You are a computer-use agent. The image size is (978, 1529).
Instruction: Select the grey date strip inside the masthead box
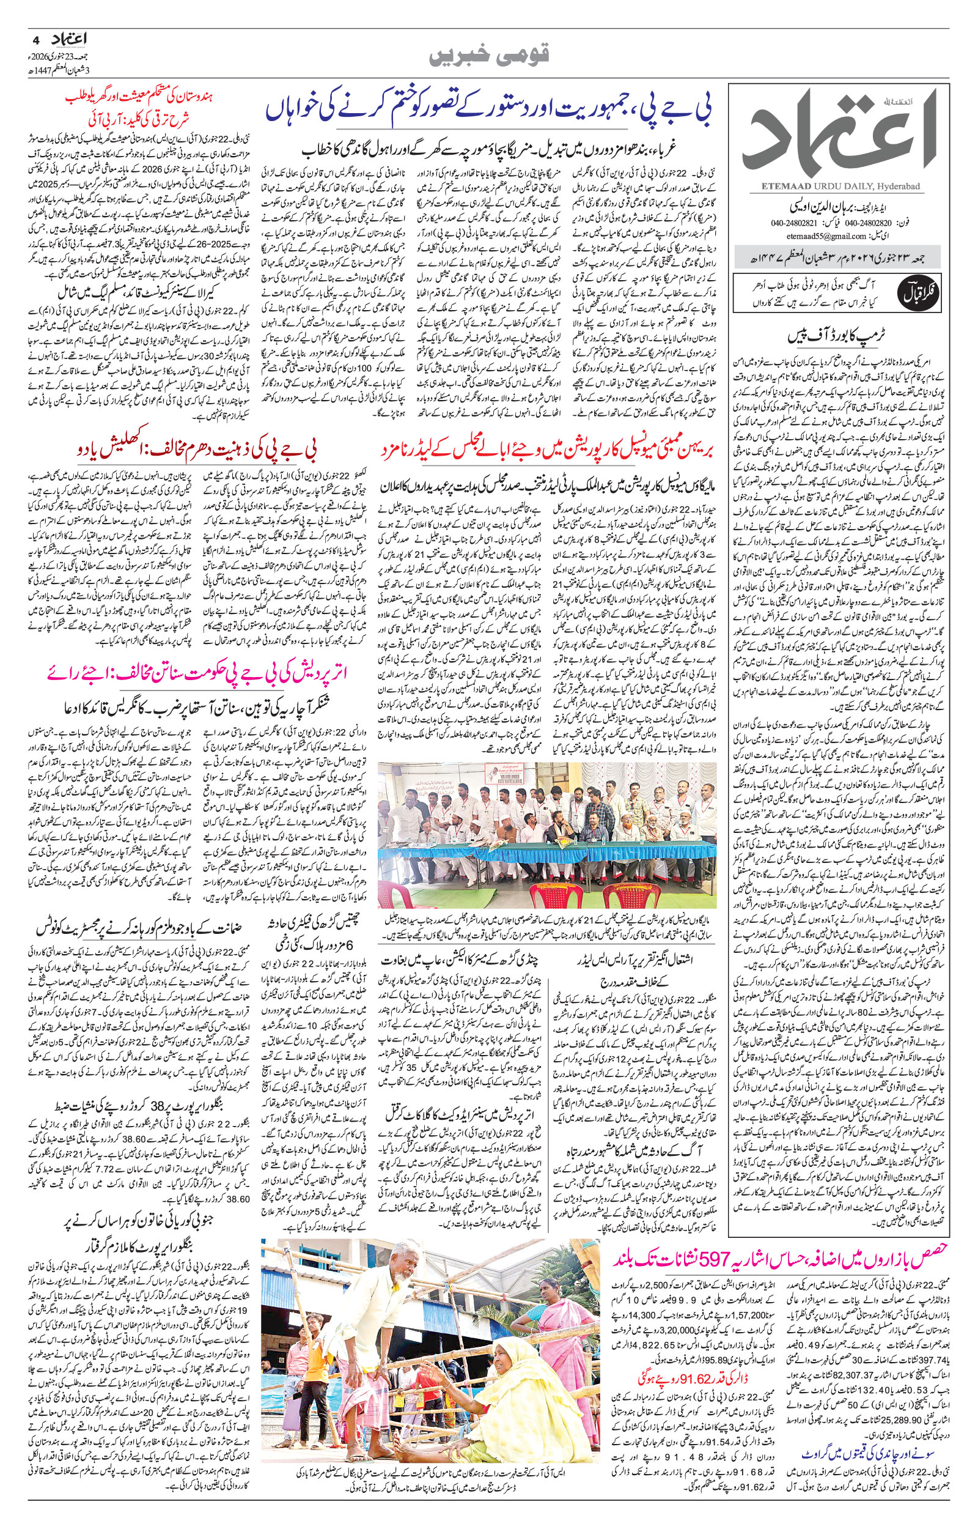pos(835,259)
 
